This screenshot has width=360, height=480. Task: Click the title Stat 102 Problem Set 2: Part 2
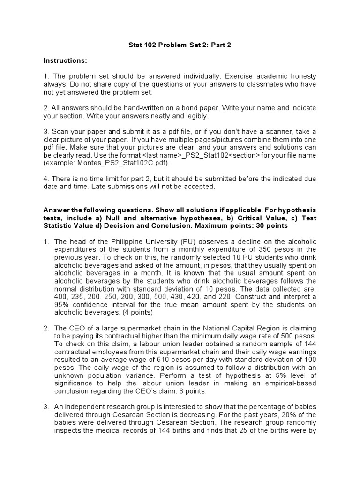[180, 45]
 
